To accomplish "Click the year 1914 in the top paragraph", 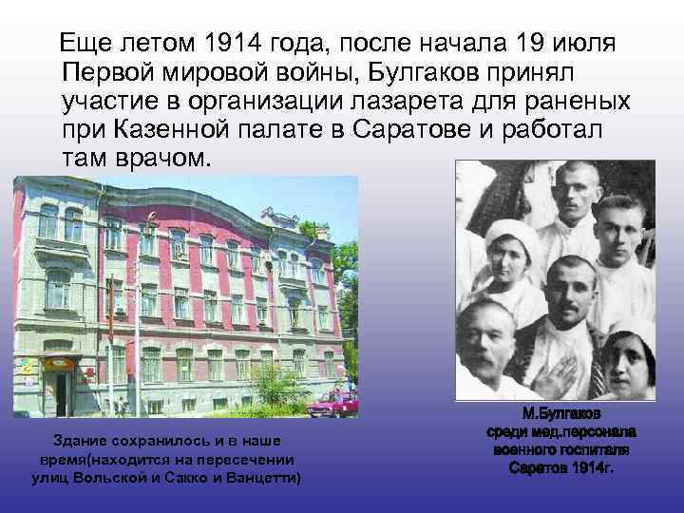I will [236, 44].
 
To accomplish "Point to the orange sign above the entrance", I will [57, 365].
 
